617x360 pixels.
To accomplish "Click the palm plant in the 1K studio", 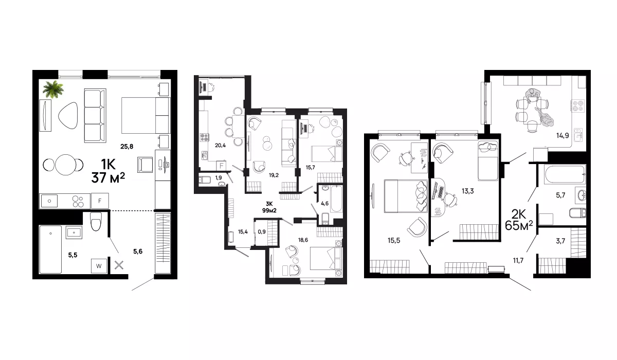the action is point(53,89).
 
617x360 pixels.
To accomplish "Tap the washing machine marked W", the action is point(99,266).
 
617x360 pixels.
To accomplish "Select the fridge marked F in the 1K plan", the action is point(100,201).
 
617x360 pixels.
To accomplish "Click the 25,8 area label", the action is point(126,147).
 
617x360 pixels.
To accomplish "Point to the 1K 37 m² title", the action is point(108,171).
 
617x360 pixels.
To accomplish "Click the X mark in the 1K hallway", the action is point(119,265).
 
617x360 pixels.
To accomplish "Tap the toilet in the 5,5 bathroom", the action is point(96,221).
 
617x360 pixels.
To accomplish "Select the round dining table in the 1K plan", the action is point(66,165).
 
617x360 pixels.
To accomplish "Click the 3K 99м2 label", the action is point(269,207).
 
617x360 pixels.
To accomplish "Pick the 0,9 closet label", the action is point(262,231).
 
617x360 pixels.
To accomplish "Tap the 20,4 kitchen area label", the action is point(221,145).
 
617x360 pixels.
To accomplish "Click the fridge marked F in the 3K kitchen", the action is point(221,166).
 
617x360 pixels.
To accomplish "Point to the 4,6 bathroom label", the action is point(325,203).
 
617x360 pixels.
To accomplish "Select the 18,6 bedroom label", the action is point(303,240).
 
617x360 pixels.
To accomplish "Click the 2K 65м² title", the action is point(519,220).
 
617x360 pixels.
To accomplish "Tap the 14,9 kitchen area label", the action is point(562,136).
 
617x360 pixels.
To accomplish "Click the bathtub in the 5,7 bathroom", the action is point(565,174).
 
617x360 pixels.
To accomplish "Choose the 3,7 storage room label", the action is point(560,241).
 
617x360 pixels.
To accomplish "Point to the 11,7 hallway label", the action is point(518,260).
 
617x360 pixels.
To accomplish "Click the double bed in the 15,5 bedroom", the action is point(406,196).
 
